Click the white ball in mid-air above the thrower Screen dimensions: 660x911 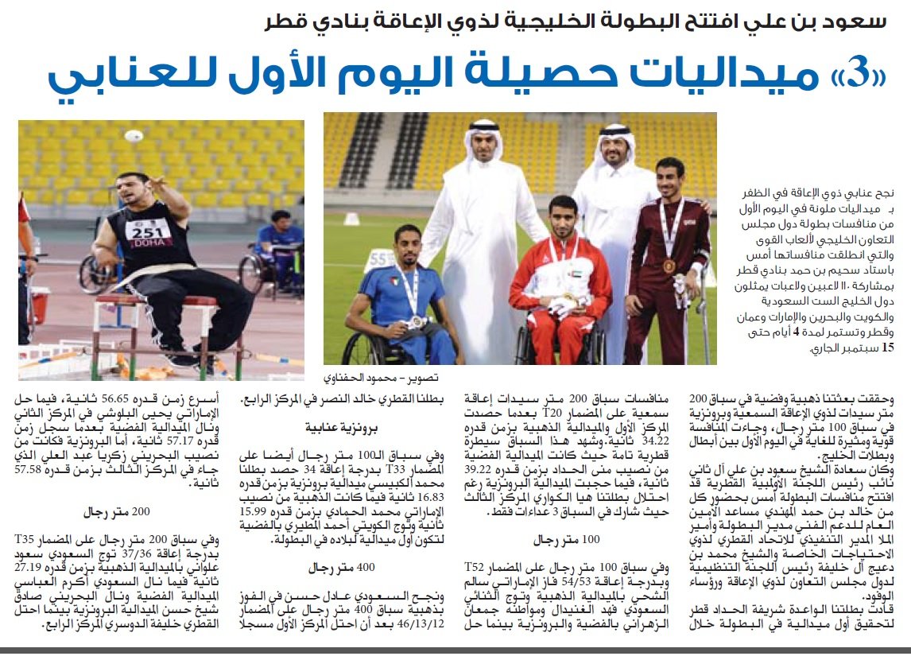coord(132,136)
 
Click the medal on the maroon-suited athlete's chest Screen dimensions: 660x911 coord(667,266)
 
